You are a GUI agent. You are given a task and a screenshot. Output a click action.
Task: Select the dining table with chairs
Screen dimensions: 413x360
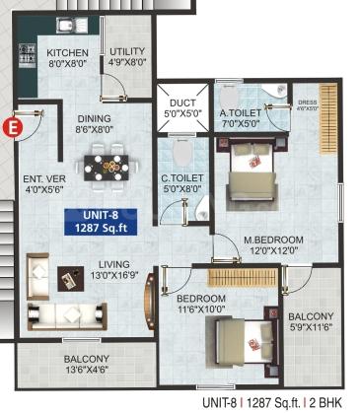point(108,163)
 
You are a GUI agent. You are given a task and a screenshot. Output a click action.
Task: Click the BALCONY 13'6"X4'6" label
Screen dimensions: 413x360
point(86,366)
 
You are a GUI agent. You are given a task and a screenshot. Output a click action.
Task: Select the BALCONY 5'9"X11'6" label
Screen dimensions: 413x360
point(312,322)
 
